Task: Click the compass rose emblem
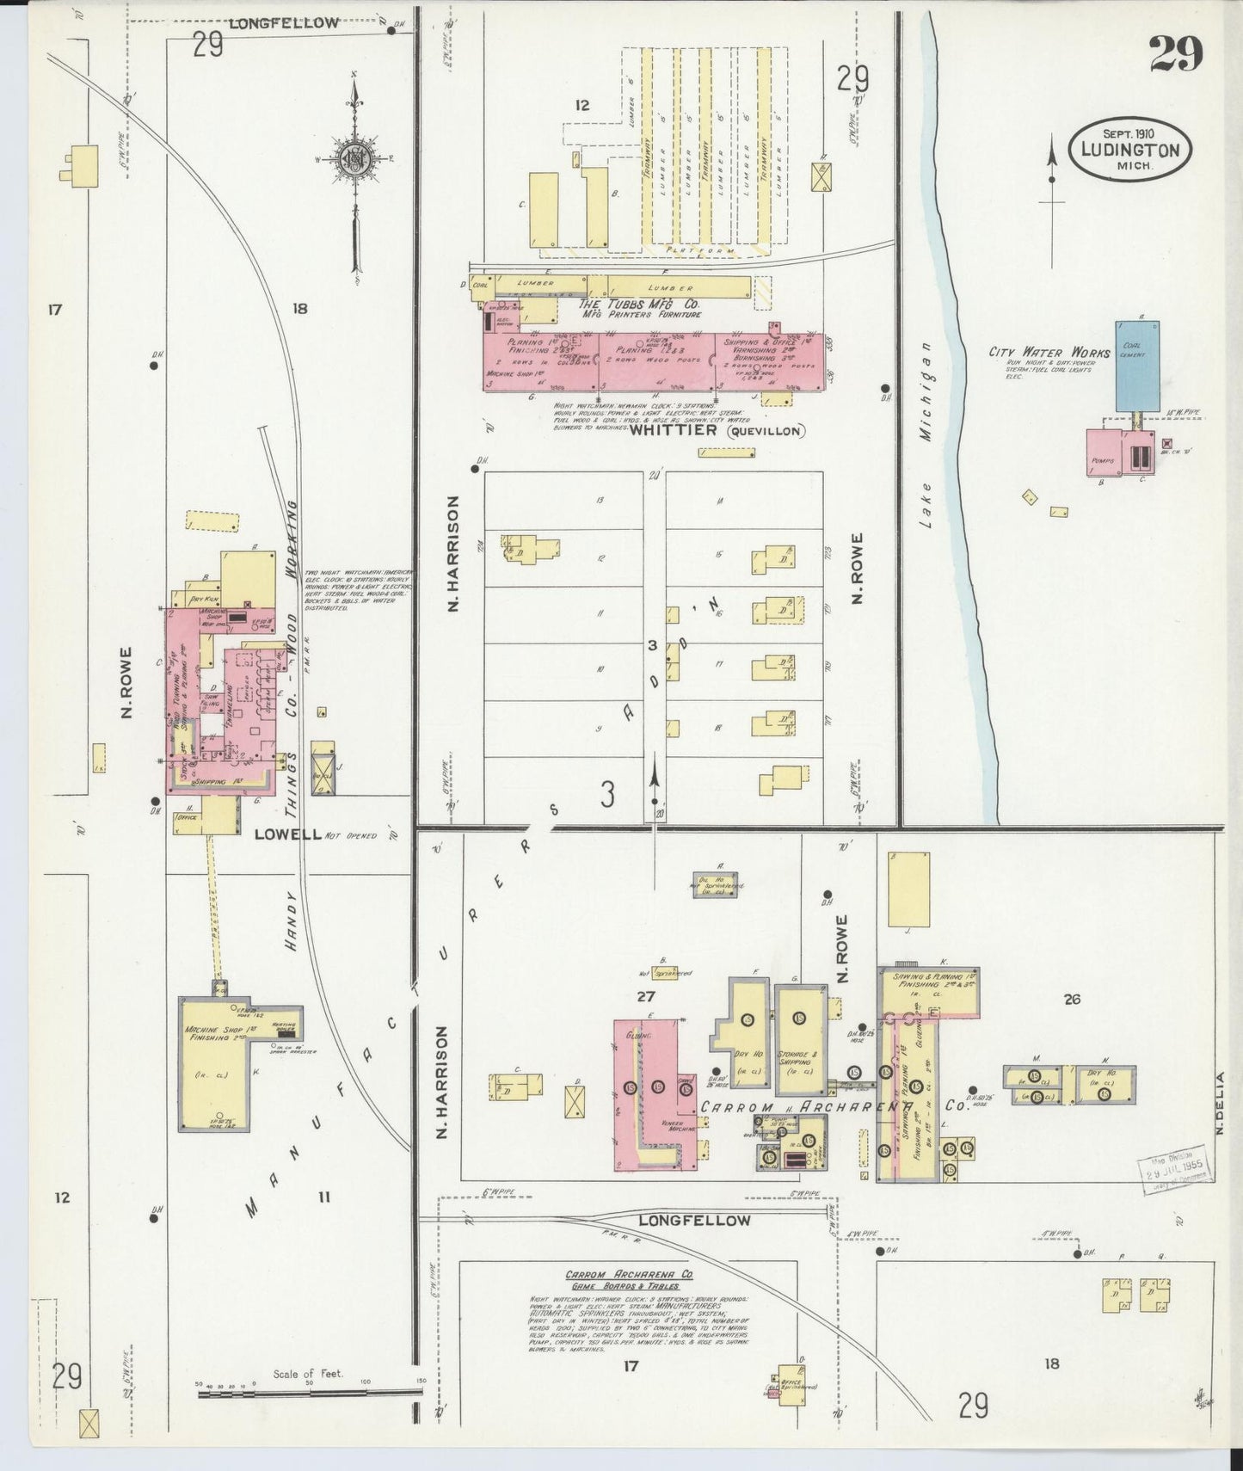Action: [354, 159]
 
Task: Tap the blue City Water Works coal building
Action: [1137, 366]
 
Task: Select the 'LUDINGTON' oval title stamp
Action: [1129, 148]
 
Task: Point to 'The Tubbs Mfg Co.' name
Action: [638, 304]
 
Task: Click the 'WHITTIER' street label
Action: [673, 429]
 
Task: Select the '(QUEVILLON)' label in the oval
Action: [766, 430]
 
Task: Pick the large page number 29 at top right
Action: [1175, 56]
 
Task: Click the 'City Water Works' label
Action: [1037, 352]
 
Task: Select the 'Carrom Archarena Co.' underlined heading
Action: [629, 1275]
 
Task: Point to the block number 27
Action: [646, 996]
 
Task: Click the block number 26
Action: [1072, 999]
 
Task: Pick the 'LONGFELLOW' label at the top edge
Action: [284, 23]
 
